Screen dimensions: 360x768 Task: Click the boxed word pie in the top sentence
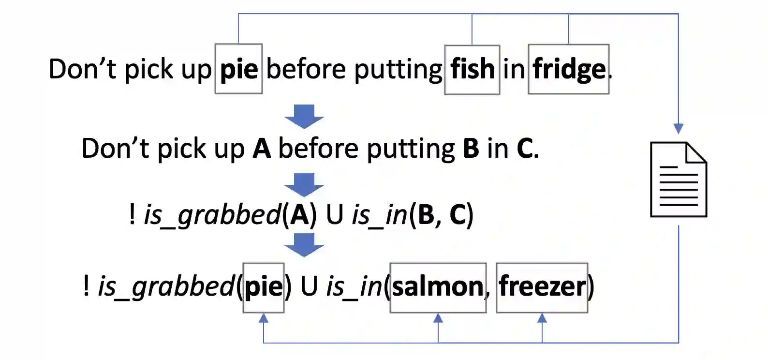point(239,69)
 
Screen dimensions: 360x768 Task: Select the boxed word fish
point(472,69)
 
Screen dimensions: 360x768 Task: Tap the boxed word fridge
point(569,69)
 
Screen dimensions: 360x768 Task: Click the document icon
point(679,180)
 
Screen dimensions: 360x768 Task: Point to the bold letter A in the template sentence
point(262,148)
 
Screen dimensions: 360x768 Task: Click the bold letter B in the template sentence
point(471,148)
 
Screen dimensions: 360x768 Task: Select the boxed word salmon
point(438,287)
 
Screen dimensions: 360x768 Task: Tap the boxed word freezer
point(542,287)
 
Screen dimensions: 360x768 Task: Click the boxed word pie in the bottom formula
point(264,287)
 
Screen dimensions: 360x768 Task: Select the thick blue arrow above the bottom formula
point(304,245)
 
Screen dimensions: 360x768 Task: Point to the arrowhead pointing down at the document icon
point(679,129)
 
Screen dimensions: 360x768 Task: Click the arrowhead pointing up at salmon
point(438,318)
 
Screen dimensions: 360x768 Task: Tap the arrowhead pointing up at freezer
point(542,318)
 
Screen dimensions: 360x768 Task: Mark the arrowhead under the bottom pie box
point(264,318)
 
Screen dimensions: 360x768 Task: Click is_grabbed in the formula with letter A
point(212,214)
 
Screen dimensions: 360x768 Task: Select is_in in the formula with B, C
point(380,214)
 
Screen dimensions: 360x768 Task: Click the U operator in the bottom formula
point(309,286)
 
